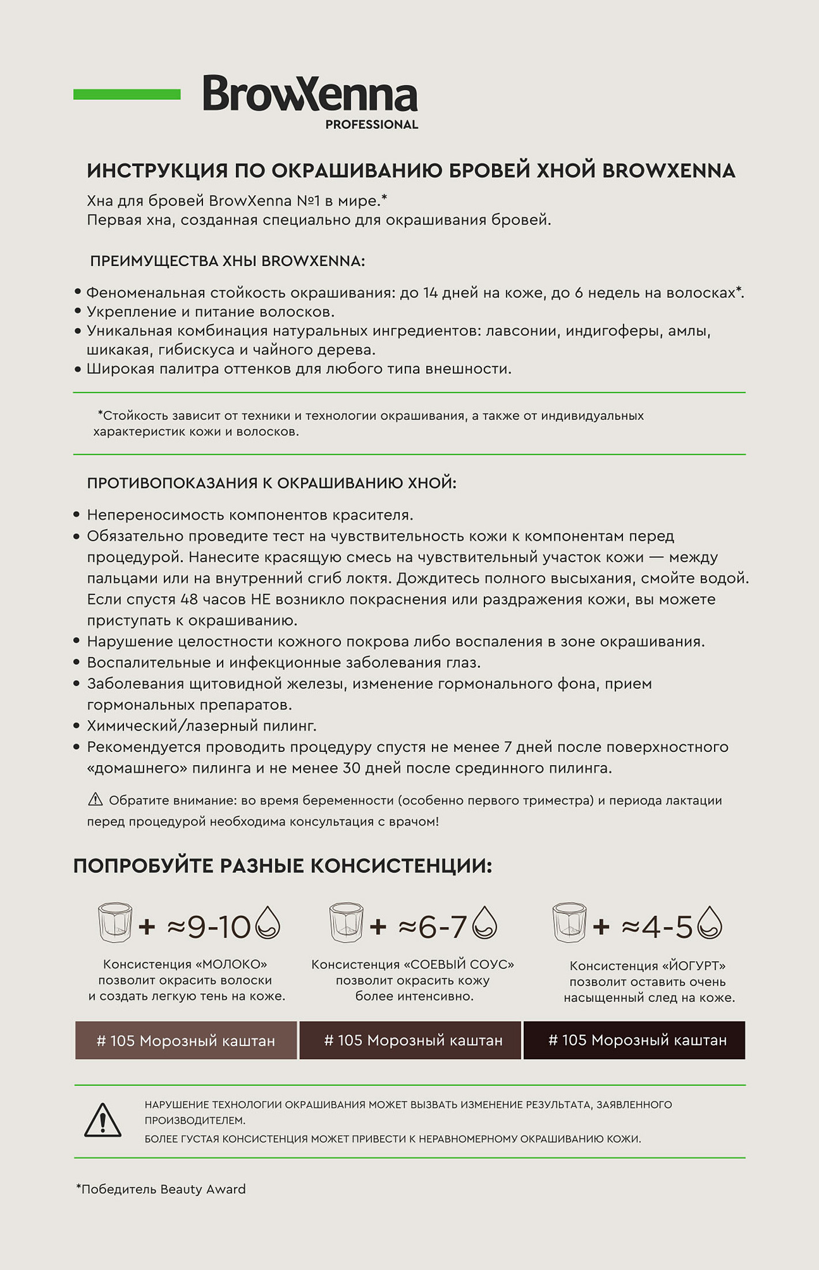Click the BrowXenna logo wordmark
[310, 93]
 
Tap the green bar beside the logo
[127, 94]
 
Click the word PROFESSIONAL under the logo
[371, 125]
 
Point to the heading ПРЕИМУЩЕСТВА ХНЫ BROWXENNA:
[227, 261]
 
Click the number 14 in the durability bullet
[430, 293]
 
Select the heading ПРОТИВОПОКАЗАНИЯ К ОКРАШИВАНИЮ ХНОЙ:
[271, 483]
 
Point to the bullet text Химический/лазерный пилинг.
[201, 725]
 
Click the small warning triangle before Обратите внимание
[95, 799]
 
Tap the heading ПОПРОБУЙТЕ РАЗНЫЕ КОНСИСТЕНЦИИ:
[283, 866]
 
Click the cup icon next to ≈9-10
[115, 922]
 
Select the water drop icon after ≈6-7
[484, 922]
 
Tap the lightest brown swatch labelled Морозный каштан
[186, 1040]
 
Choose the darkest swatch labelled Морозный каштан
[634, 1040]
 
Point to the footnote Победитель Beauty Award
[161, 1189]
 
